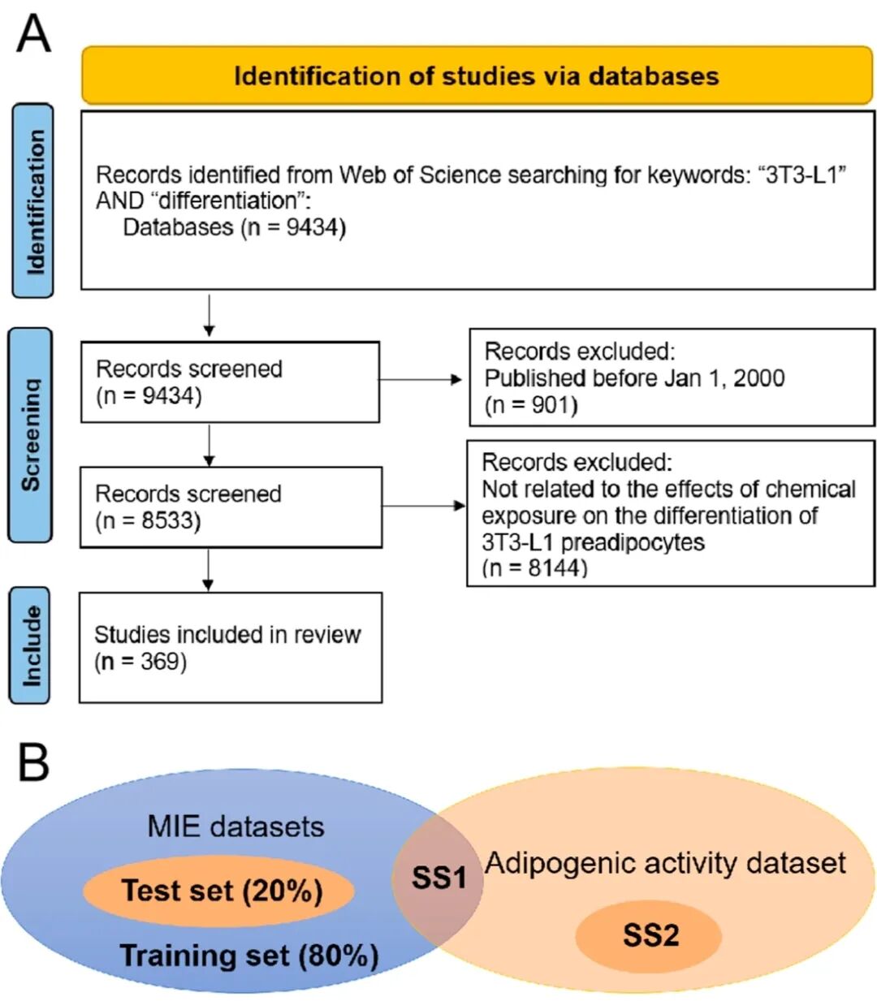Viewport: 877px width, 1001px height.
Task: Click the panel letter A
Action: [33, 34]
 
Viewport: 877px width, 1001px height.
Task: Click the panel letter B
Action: [33, 762]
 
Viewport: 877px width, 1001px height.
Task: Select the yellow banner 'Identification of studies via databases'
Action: [477, 76]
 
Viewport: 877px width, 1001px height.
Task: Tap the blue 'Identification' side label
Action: [33, 201]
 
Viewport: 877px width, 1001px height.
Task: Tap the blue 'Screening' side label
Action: [30, 434]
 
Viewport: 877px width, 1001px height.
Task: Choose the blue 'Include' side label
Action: [30, 645]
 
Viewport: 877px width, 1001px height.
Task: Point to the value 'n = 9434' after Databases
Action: [293, 227]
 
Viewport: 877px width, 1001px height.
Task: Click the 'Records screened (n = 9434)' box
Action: [230, 382]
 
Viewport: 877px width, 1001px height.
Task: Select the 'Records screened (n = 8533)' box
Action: [230, 507]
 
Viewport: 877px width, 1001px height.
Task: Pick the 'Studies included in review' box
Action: [230, 647]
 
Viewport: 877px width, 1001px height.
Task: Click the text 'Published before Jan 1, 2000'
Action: [634, 378]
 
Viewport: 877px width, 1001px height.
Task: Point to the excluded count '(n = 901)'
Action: [531, 404]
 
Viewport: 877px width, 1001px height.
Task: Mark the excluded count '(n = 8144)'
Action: [534, 567]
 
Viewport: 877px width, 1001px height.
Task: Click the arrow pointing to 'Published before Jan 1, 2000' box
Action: [421, 379]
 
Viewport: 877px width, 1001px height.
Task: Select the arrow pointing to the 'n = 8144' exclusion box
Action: [423, 506]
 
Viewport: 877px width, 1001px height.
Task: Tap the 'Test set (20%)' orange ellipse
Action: [219, 891]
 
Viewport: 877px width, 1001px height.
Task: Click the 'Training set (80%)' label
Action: [248, 956]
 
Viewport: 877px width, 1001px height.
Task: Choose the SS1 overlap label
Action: [438, 878]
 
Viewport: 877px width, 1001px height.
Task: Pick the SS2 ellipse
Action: [650, 936]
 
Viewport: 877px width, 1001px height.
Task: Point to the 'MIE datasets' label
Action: [235, 826]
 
